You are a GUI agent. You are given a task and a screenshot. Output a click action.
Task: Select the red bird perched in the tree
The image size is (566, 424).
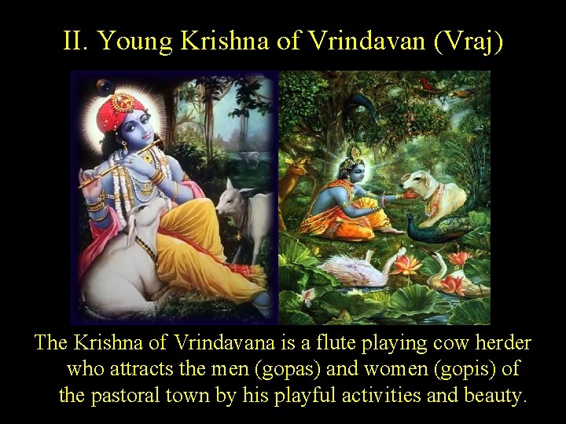click(428, 83)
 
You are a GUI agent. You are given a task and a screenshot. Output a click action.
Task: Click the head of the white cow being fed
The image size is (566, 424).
click(412, 188)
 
